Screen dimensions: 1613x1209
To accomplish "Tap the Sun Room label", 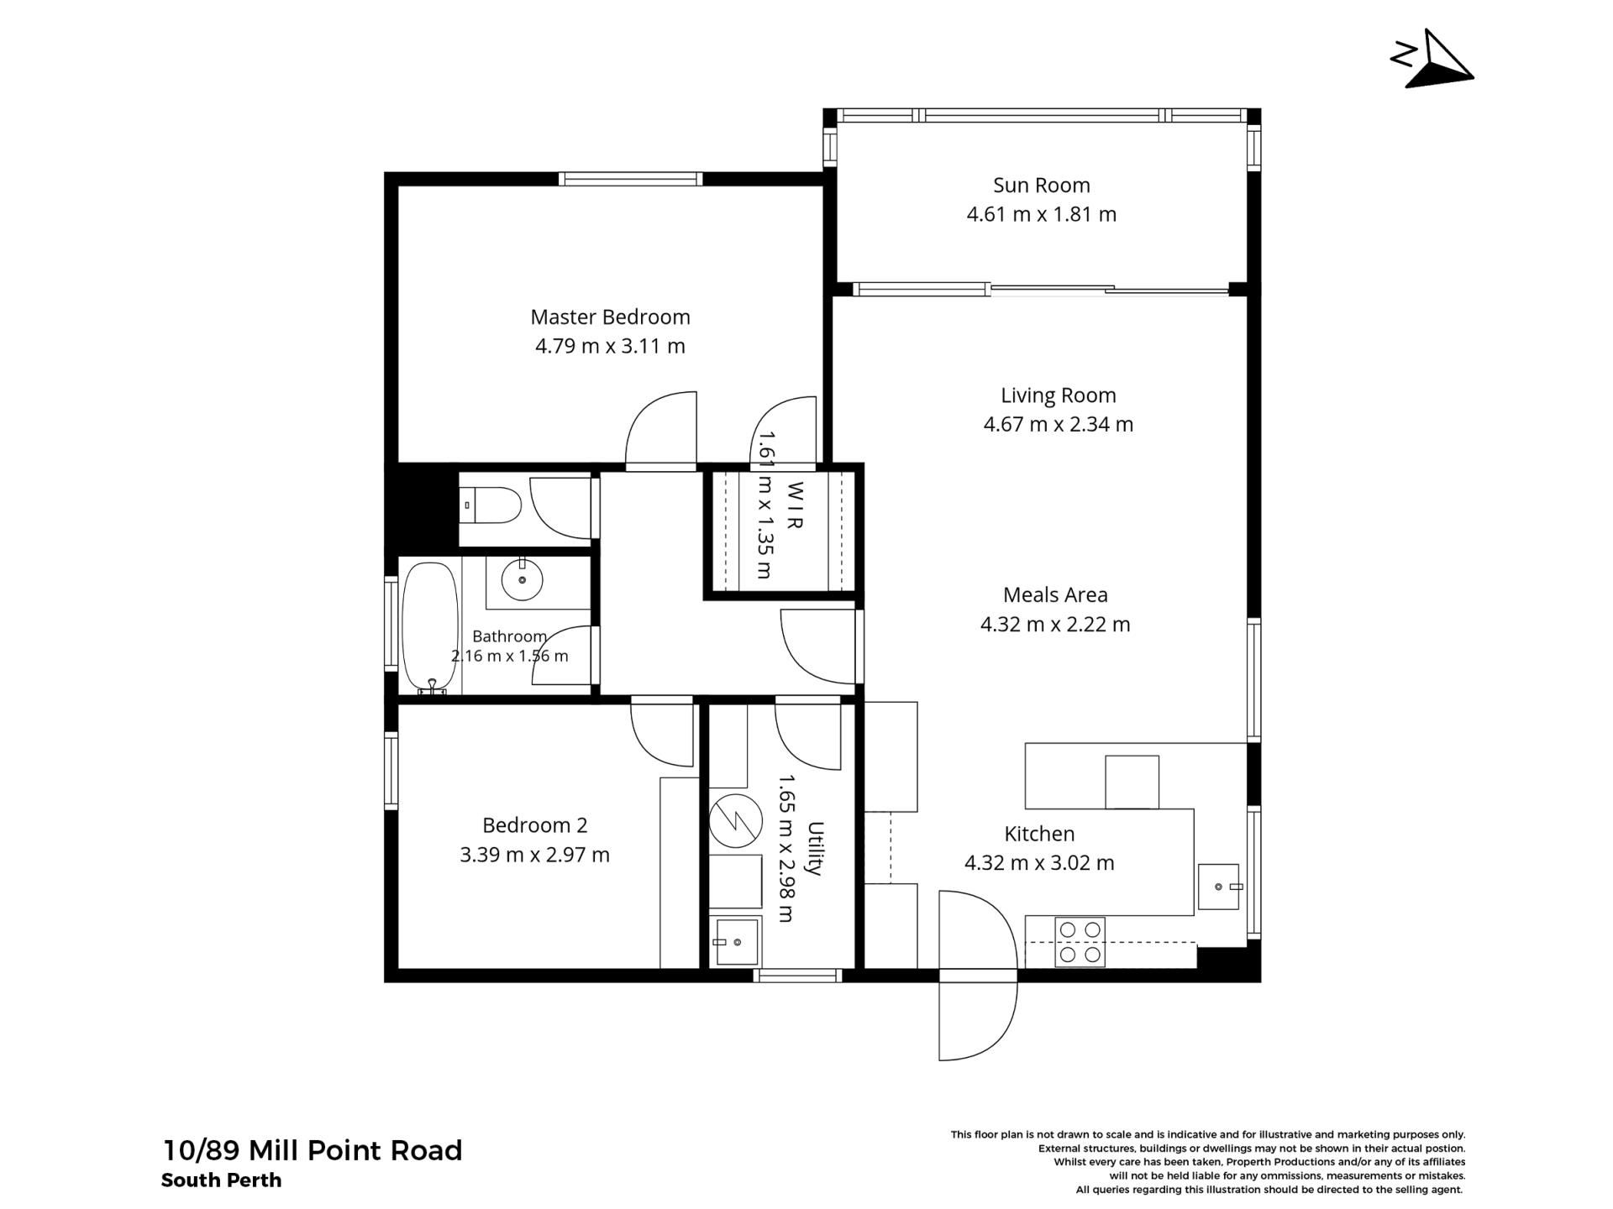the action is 1041,185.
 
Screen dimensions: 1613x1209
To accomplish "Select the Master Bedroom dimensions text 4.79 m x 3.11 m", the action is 610,346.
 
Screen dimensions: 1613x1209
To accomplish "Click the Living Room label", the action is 1058,395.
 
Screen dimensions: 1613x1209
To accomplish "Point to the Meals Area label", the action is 1055,595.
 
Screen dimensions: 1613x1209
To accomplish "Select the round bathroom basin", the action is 522,579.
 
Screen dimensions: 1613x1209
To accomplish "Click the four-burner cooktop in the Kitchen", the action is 1080,942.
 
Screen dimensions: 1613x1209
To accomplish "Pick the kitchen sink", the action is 1218,887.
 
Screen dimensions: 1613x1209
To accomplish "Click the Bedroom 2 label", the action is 534,825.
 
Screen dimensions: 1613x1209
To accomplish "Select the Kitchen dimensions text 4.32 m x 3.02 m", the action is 1039,863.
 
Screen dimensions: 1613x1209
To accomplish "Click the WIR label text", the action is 795,505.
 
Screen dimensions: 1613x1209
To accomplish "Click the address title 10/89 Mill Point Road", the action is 312,1150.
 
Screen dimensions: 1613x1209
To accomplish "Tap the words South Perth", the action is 221,1180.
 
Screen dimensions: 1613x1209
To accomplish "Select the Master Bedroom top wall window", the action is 630,178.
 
